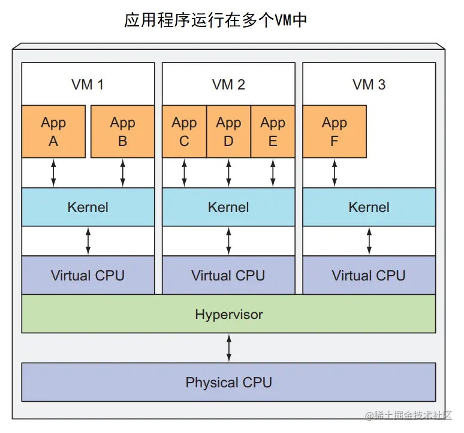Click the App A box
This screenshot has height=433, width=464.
[x=53, y=132]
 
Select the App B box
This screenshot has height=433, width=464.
[x=122, y=132]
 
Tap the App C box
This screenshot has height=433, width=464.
[x=184, y=132]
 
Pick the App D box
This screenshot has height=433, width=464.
[x=228, y=132]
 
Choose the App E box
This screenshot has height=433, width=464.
[x=273, y=132]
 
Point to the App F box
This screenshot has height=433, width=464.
[x=334, y=132]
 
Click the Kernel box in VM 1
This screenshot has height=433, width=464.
[x=88, y=207]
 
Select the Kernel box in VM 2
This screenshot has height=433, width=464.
[x=228, y=207]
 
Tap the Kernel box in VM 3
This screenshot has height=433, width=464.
[x=369, y=207]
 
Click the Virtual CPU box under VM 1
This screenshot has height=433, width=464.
[x=88, y=276]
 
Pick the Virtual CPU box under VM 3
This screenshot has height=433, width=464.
[x=369, y=276]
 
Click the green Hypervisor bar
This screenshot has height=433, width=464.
[x=228, y=313]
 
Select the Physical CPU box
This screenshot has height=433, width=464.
[x=228, y=382]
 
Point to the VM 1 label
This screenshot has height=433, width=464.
[x=88, y=85]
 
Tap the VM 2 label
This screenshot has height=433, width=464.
[x=228, y=85]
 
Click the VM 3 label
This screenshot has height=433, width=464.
[x=369, y=85]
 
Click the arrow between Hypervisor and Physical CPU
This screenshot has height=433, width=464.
[x=228, y=348]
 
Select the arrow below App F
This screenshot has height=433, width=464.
[x=335, y=173]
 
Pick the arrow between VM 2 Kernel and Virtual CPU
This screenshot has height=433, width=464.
[x=228, y=241]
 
